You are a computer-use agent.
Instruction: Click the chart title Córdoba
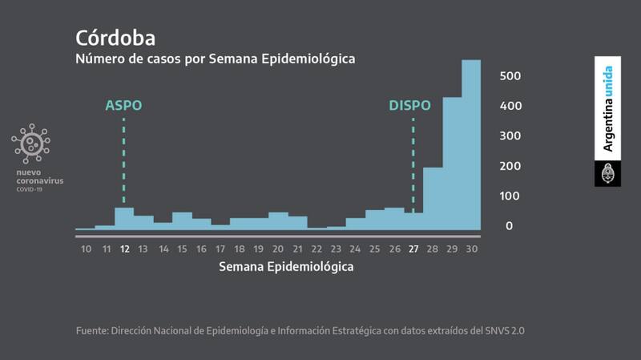(115, 38)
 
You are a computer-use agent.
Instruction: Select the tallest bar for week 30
(471, 144)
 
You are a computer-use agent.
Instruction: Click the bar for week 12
(124, 218)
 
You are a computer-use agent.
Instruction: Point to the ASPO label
(123, 105)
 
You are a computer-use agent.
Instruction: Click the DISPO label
(409, 105)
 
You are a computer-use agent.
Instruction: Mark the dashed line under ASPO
(124, 160)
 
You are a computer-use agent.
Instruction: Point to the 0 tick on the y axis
(508, 226)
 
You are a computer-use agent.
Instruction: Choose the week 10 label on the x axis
(85, 249)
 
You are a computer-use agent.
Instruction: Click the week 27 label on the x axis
(413, 249)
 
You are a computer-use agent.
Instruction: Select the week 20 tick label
(278, 249)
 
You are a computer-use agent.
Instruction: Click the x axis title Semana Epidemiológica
(286, 268)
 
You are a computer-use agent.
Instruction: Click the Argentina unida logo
(607, 109)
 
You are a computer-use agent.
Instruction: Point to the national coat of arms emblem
(607, 174)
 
